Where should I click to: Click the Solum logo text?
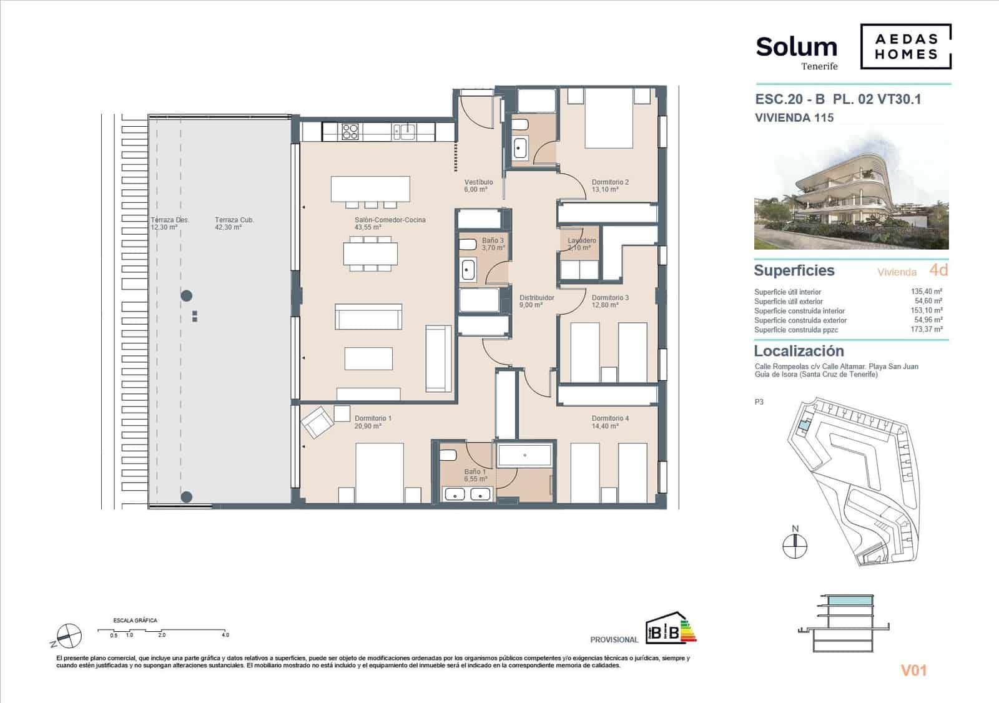click(796, 47)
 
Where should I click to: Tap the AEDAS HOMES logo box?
click(905, 46)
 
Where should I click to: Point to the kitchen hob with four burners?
click(350, 131)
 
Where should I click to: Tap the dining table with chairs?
click(370, 255)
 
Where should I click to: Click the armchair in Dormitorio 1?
click(317, 423)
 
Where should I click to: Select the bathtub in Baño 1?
click(524, 455)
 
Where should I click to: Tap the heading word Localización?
click(799, 351)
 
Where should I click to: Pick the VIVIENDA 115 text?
click(794, 117)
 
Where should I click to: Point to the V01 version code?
click(913, 671)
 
